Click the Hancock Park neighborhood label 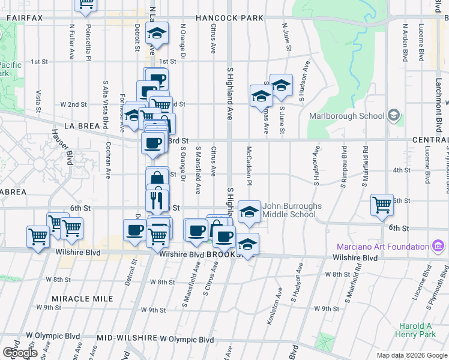(x=229, y=18)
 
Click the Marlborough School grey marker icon (x=394, y=115)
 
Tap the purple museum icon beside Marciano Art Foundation (x=438, y=247)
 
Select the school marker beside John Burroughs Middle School (x=250, y=211)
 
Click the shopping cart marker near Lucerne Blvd (x=382, y=205)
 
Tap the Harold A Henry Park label (x=415, y=330)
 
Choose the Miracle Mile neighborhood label (x=74, y=298)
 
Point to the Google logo (x=19, y=352)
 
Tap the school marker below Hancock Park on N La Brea (x=157, y=34)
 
